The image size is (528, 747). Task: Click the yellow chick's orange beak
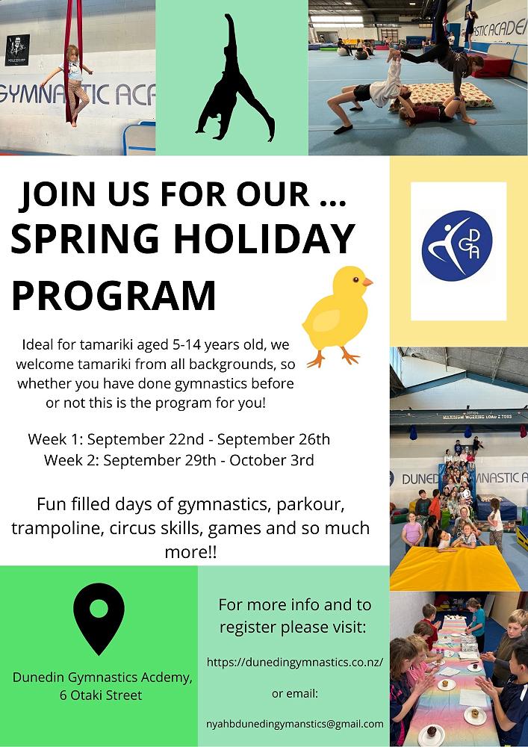pyautogui.click(x=367, y=282)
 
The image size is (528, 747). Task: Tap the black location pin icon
pyautogui.click(x=99, y=618)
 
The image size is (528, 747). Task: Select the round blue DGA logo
pyautogui.click(x=457, y=246)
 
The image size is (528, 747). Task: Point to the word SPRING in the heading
pyautogui.click(x=84, y=239)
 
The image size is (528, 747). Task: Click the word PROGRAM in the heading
pyautogui.click(x=114, y=296)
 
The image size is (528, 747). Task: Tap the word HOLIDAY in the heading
pyautogui.click(x=264, y=239)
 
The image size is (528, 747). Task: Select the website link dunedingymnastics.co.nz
pyautogui.click(x=295, y=662)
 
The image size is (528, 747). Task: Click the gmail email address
pyautogui.click(x=295, y=724)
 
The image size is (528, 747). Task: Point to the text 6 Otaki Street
pyautogui.click(x=101, y=695)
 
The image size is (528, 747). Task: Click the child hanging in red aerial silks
pyautogui.click(x=72, y=84)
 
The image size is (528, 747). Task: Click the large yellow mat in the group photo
pyautogui.click(x=454, y=568)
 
